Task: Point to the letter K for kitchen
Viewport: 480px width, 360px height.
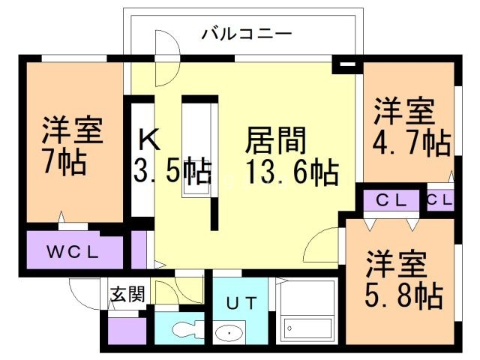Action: pyautogui.click(x=148, y=139)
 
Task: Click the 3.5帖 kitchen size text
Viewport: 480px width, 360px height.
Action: pyautogui.click(x=172, y=172)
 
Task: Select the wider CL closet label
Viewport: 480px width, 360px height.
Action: pyautogui.click(x=391, y=200)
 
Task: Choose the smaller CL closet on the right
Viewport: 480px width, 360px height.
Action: pyautogui.click(x=440, y=200)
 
